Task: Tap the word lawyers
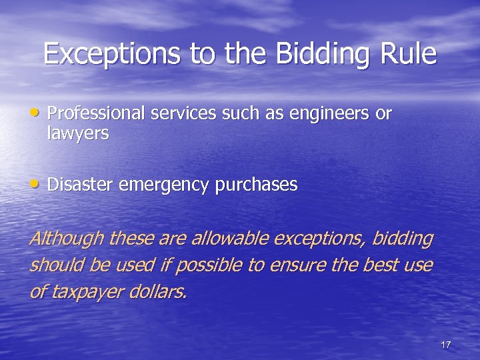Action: (x=77, y=134)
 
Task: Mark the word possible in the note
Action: (x=218, y=265)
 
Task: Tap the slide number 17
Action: (x=446, y=345)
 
